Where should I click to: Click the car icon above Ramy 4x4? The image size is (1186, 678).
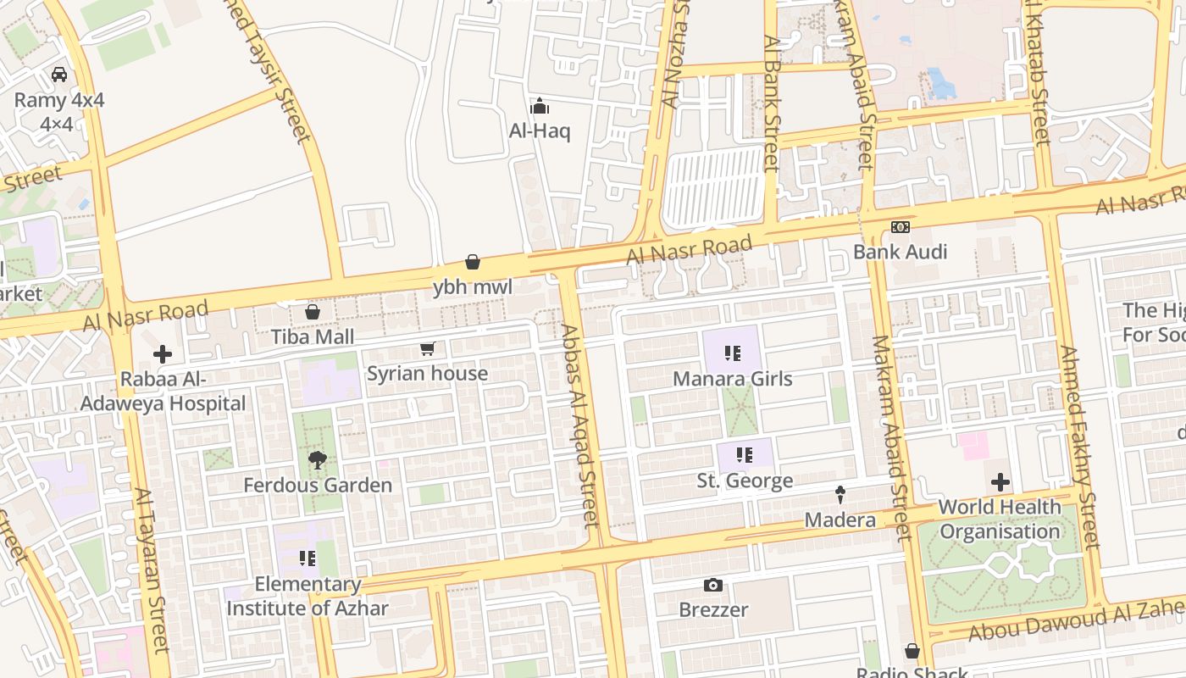59,75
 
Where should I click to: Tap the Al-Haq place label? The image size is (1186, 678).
540,131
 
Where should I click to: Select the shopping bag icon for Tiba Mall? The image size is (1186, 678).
313,312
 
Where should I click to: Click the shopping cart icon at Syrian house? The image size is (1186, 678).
428,349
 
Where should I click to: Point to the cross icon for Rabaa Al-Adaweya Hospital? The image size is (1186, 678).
163,354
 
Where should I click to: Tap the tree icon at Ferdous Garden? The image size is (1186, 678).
318,460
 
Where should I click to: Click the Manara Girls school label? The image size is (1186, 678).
733,379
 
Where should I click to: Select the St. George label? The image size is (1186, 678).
745,481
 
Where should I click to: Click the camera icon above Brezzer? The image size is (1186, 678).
713,585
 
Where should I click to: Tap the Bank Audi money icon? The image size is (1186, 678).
901,227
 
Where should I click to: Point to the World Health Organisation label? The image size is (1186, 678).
1000,520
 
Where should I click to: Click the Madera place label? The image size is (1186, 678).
840,520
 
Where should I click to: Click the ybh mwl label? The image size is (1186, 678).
473,287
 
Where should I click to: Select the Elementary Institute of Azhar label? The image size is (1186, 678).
308,596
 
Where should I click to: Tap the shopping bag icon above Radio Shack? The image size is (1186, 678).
912,651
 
